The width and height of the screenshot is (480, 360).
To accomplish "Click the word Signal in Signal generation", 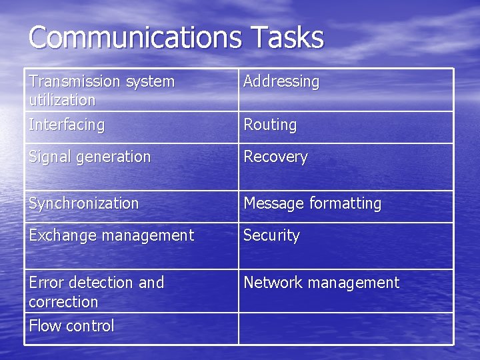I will point(48,157).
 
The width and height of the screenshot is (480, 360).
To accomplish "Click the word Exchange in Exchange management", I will point(58,235).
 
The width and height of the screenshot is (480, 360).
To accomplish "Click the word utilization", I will point(62,100).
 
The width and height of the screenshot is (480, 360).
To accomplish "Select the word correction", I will point(63,302).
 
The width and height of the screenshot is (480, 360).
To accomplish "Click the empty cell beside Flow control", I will point(345,328).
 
